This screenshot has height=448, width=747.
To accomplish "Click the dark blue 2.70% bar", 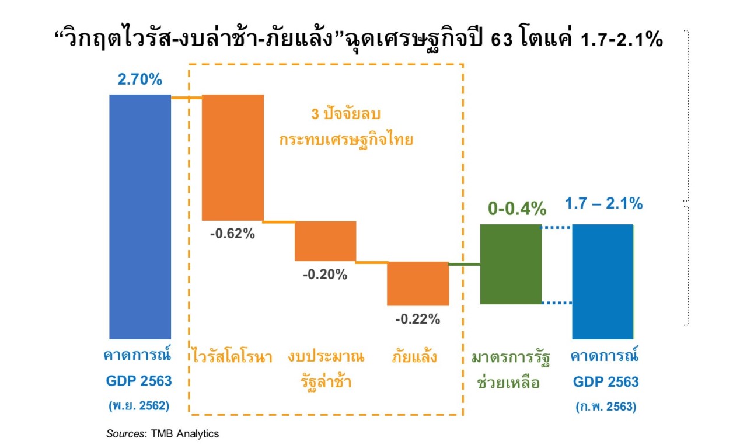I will pyautogui.click(x=140, y=216).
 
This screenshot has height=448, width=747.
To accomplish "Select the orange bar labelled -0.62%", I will pyautogui.click(x=233, y=157).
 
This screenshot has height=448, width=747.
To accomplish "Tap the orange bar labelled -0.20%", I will pyautogui.click(x=325, y=241).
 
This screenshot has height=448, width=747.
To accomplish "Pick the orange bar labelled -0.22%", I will pyautogui.click(x=418, y=283).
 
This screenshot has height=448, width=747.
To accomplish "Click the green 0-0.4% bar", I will pyautogui.click(x=511, y=264).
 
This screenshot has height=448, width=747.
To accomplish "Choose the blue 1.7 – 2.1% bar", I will pyautogui.click(x=603, y=282).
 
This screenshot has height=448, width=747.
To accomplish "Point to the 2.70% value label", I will pyautogui.click(x=140, y=79).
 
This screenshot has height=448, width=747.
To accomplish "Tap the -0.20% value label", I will pyautogui.click(x=325, y=274).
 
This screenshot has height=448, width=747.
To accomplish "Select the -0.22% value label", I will pyautogui.click(x=417, y=319).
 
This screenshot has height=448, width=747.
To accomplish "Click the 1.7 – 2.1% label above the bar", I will pyautogui.click(x=604, y=204).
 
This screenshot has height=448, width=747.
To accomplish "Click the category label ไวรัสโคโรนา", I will pyautogui.click(x=232, y=357).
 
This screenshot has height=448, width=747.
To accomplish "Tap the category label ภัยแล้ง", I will pyautogui.click(x=414, y=357).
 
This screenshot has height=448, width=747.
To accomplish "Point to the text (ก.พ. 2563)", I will pyautogui.click(x=605, y=407).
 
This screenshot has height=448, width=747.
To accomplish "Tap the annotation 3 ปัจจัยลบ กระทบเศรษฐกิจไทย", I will pyautogui.click(x=346, y=127).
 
